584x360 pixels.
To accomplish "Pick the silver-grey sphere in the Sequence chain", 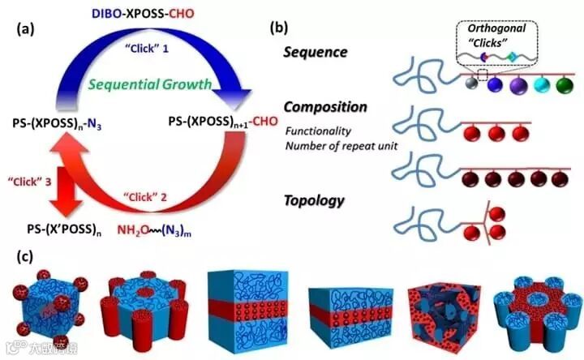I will (470, 84).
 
